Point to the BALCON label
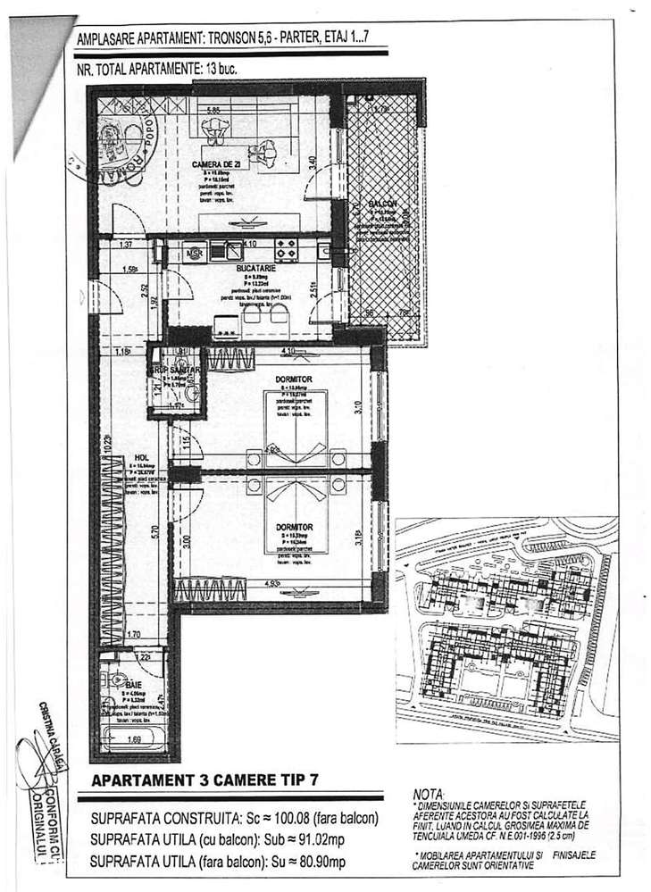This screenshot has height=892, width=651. click(x=383, y=204)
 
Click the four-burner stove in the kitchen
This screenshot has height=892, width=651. click(x=286, y=248)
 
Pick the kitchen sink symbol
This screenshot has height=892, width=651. click(x=234, y=249)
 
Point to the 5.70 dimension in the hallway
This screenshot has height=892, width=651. click(x=154, y=530)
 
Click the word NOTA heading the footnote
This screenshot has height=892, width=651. click(x=428, y=794)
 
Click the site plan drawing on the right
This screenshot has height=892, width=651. click(x=506, y=630)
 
